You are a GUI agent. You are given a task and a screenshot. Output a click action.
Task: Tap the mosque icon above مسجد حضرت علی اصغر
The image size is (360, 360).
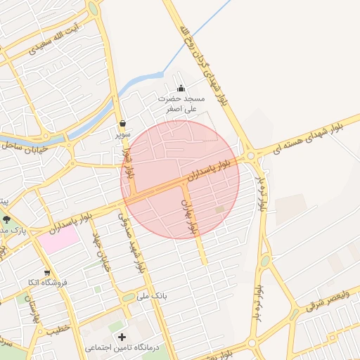181,88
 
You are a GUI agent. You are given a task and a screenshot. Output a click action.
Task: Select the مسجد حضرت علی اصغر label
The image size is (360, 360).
181,104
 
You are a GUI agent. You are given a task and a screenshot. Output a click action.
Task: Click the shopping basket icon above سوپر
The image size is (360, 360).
122,122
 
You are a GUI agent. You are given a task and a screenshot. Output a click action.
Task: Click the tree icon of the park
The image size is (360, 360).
6,219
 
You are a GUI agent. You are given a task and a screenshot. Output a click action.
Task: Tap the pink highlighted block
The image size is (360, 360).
58,239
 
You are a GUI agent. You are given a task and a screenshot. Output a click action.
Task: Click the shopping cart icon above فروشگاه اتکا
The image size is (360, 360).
47,273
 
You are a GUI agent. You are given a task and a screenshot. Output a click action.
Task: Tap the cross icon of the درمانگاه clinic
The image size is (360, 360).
122,337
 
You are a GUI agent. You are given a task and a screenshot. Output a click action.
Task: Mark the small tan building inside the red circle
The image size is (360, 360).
219,209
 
